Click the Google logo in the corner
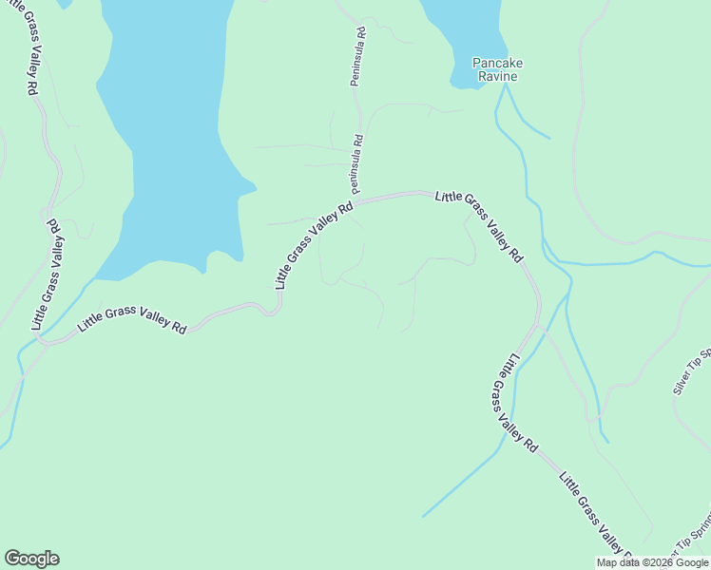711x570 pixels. tap(31, 559)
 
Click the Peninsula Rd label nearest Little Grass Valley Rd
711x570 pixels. tap(357, 161)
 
